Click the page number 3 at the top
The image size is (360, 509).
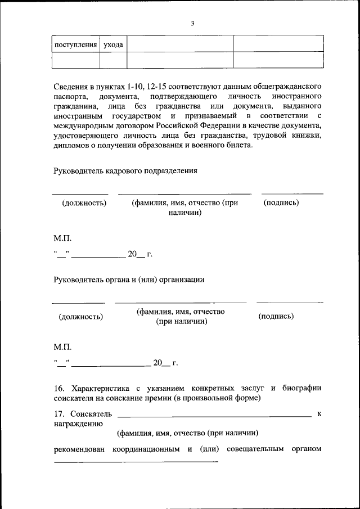(192, 23)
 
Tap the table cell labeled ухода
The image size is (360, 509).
(113, 44)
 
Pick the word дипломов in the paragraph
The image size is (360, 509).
(70, 145)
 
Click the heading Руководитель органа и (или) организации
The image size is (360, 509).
(129, 279)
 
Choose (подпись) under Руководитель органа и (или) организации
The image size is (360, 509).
(276, 317)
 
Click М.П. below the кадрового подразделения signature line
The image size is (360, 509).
(62, 238)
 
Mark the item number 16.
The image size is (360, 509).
(59, 389)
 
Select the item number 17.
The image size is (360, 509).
(59, 415)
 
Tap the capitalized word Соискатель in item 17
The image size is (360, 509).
(92, 415)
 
